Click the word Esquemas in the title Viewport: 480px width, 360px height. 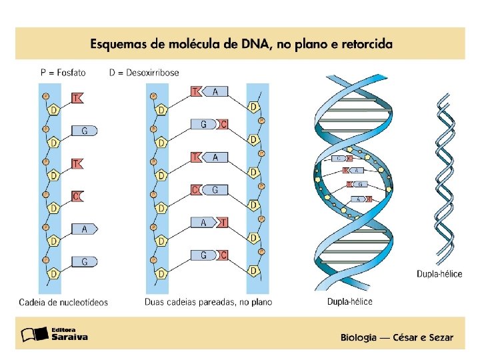tap(121, 45)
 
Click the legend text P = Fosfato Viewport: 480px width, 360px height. tap(63, 73)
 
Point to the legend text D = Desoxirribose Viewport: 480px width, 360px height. tap(144, 73)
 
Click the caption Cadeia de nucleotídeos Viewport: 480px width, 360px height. tap(63, 302)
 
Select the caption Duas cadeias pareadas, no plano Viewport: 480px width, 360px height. tap(208, 302)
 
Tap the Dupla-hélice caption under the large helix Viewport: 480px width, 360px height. tap(349, 301)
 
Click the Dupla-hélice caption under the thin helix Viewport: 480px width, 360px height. tap(439, 273)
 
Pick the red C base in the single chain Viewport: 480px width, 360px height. tap(77, 196)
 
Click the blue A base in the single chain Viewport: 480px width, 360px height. tap(85, 229)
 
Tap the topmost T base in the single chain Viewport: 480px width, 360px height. tap(77, 98)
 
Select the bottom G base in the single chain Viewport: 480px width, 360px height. tap(85, 261)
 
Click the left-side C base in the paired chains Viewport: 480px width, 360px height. tap(195, 190)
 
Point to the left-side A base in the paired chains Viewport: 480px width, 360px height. tap(203, 223)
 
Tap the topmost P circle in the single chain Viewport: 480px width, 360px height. tap(46, 96)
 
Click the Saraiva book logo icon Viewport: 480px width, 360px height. tap(31, 334)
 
